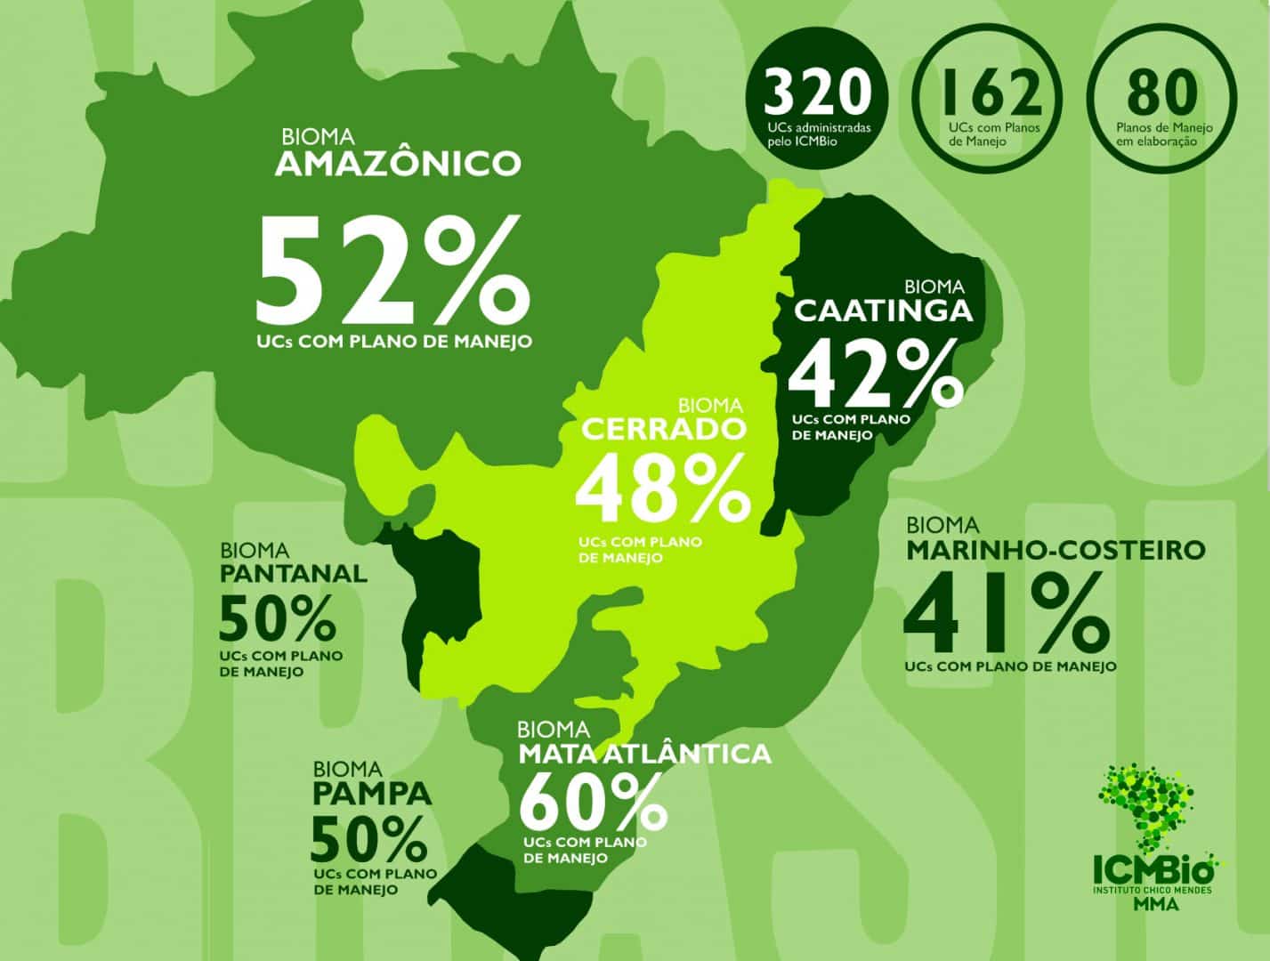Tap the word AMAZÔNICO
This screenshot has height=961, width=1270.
click(398, 164)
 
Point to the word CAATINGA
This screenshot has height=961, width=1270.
click(883, 311)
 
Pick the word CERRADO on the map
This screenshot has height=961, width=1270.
click(663, 430)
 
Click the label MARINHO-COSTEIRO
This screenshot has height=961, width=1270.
click(1056, 550)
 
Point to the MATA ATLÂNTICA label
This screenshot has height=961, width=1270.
click(644, 754)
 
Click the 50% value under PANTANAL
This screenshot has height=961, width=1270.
click(277, 617)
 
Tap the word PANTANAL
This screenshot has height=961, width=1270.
click(293, 573)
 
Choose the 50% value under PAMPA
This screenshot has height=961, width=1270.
click(369, 837)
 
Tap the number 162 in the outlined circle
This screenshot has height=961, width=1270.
click(989, 92)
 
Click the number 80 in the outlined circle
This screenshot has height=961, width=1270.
click(1162, 92)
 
